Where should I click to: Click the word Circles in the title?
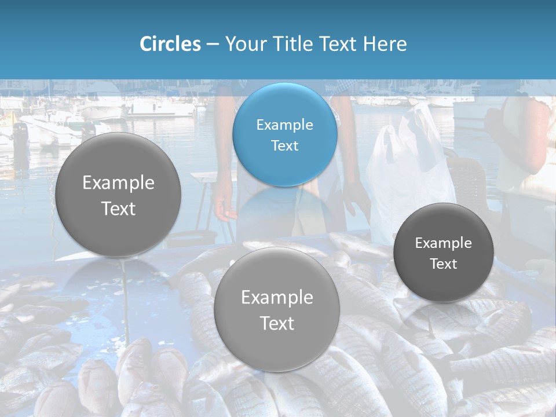coord(170,44)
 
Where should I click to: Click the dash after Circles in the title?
coord(213,45)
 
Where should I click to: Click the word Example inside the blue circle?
coord(285,125)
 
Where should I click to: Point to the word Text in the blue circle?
coord(285,146)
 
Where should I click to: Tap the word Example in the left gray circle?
coord(118,183)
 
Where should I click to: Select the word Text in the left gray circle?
coord(118,209)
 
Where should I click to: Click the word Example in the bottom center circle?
coord(277,298)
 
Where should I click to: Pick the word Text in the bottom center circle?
coord(277,323)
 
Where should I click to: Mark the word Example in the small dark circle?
coord(444,243)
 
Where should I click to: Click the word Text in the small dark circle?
coord(444,264)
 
